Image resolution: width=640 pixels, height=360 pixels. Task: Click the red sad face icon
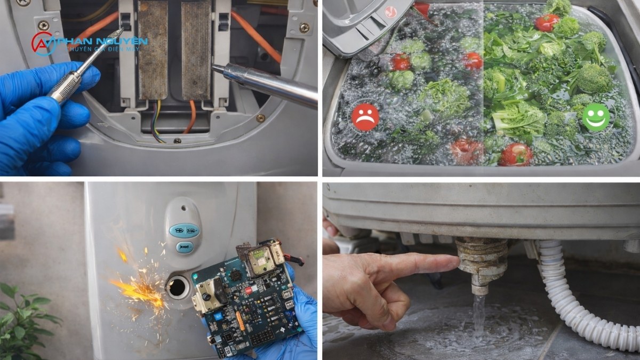365,117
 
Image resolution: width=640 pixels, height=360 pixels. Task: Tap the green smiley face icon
596,117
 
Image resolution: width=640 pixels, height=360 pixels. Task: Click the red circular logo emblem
43,44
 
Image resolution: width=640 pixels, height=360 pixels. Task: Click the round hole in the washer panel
178,287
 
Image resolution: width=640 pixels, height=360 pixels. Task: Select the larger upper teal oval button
185,230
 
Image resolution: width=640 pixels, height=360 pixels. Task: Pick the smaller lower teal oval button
185,247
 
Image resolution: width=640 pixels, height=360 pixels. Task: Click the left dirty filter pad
153,50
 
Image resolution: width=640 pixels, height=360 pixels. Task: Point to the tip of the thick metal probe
213,67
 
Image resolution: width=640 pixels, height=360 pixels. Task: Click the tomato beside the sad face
400,62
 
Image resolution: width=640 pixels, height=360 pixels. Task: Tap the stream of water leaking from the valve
478,317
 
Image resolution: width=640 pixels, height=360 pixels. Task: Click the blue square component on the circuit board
219,316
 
